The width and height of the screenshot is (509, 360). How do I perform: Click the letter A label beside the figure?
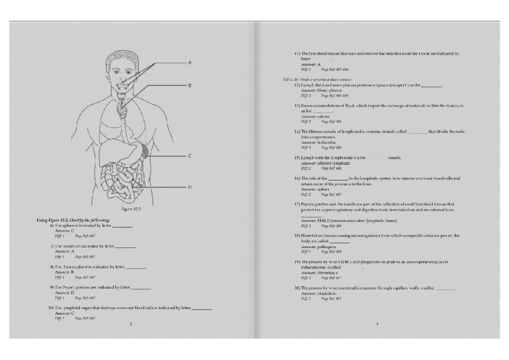pos(190,63)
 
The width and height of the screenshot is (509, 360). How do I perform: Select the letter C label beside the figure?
pos(190,156)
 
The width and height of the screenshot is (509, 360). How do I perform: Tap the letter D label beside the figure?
pos(190,187)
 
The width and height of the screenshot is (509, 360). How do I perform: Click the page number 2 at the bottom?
pos(131,324)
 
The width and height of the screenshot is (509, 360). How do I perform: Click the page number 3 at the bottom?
pos(377,324)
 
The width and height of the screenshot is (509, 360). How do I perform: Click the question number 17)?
pos(297,204)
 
